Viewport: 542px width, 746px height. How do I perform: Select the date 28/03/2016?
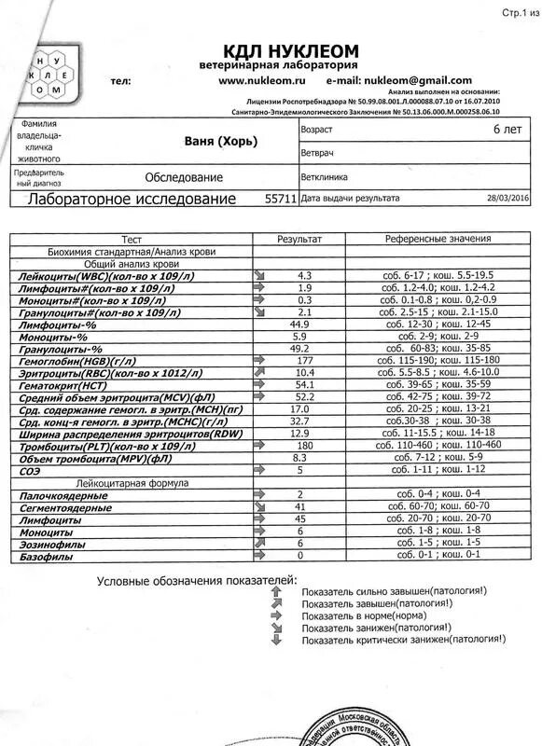coord(507,199)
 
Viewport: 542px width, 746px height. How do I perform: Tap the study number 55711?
coord(281,199)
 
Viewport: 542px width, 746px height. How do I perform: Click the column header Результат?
coord(299,240)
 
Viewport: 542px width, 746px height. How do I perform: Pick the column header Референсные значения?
coord(438,240)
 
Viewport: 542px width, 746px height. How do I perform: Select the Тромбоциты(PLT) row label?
coord(100,447)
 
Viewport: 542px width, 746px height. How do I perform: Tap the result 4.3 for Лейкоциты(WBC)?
coord(304,276)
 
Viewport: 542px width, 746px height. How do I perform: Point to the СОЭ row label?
coord(32,472)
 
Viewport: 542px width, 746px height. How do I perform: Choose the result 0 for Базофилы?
coord(300,556)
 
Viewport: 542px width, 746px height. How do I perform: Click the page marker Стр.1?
coord(514,13)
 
